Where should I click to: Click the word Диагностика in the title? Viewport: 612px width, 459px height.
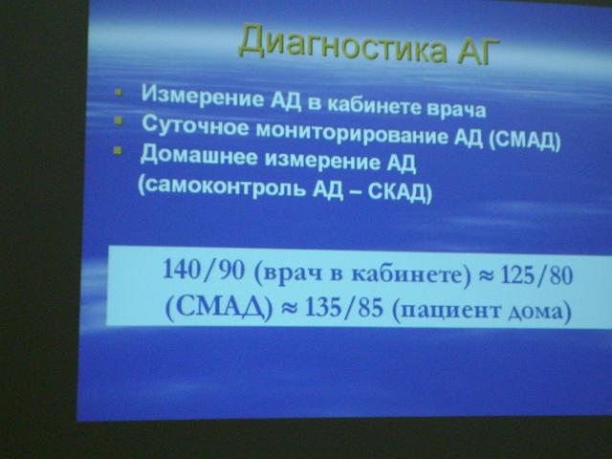point(342,44)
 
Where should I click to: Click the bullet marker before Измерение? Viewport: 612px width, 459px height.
point(119,93)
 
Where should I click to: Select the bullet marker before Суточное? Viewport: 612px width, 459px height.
point(118,121)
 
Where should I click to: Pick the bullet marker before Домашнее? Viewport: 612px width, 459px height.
point(117,151)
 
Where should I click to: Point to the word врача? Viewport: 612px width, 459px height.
point(457,110)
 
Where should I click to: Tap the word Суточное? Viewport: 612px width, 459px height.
point(195,125)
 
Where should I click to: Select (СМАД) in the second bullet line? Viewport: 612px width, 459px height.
point(524,141)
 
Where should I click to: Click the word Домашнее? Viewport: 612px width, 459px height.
point(199,155)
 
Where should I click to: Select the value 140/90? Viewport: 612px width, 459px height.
point(204,270)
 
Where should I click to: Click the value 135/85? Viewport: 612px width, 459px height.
point(344,308)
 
